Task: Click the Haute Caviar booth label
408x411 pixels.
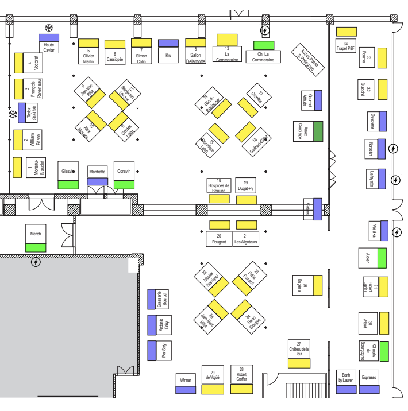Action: point(49,47)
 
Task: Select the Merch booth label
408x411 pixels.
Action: point(36,234)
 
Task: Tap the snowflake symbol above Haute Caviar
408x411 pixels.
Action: point(49,28)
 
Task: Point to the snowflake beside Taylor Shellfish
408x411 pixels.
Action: point(13,114)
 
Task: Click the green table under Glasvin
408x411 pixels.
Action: point(68,184)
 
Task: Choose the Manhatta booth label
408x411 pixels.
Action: point(97,172)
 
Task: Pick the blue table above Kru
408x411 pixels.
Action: point(168,43)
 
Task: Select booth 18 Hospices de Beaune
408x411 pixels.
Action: point(218,185)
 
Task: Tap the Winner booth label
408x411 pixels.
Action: point(186,379)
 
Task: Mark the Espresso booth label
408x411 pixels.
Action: point(368,377)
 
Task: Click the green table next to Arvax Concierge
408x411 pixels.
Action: point(318,131)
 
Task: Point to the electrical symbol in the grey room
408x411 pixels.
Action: point(36,262)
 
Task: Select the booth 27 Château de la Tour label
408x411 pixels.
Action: point(299,348)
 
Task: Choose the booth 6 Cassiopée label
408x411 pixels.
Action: point(115,56)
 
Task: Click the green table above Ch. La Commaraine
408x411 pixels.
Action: point(264,45)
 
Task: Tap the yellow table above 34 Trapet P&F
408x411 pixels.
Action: point(346,32)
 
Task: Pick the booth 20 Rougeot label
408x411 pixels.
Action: point(218,239)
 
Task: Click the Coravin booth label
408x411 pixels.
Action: point(124,170)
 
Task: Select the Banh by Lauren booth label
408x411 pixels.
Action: point(346,377)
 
